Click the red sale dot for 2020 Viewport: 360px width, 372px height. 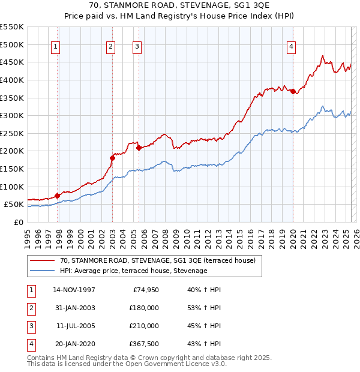293,91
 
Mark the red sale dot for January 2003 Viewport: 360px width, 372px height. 112,158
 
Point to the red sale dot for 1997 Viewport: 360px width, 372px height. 58,195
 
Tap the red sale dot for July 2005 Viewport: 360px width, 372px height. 139,147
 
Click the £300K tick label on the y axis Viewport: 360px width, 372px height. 12,115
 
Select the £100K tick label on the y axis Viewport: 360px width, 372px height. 12,187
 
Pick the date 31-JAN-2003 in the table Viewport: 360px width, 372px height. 74,308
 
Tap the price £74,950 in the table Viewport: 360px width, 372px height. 145,290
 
